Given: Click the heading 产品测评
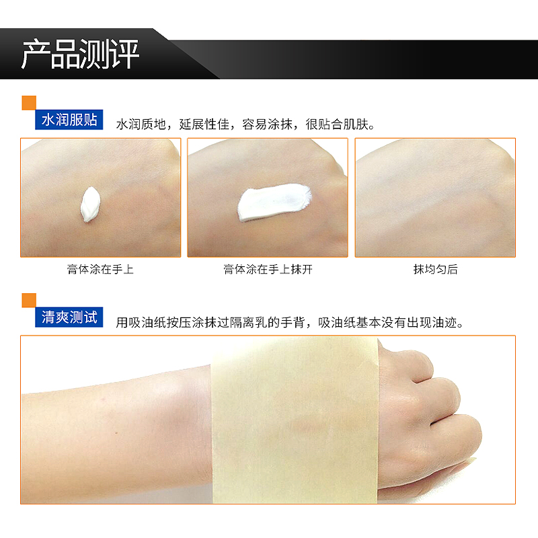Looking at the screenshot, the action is [x=80, y=54].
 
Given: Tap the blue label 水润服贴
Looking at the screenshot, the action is [x=69, y=120].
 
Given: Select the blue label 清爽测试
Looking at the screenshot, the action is [x=69, y=317].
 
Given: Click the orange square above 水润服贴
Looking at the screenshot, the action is [x=29, y=103].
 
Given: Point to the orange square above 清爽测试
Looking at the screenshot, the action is [x=29, y=300].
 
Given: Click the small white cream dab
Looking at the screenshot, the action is [x=90, y=204].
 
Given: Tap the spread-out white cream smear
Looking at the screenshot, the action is [x=274, y=202].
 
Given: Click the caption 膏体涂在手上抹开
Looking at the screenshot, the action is [x=268, y=270].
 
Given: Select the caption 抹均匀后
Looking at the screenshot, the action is [x=435, y=270].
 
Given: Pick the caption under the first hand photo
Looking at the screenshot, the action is [x=100, y=270].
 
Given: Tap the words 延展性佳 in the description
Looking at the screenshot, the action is [x=204, y=124].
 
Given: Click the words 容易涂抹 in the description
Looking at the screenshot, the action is [x=267, y=124].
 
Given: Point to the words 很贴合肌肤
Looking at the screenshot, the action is [x=337, y=124].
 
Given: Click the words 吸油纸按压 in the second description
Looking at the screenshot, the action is [x=160, y=323].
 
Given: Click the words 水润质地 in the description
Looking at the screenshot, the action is [x=141, y=124].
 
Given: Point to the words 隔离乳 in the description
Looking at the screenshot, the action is [x=248, y=323].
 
